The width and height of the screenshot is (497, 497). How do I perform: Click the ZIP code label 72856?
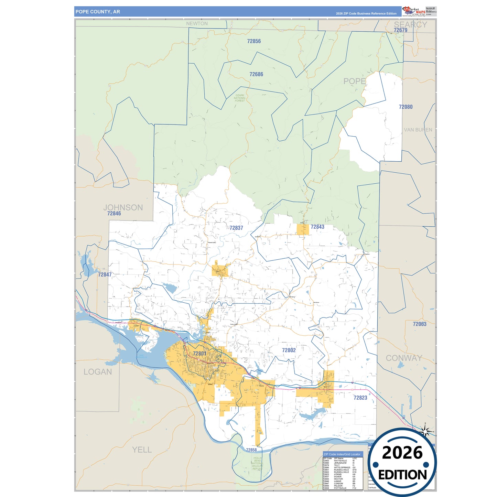point(254,41)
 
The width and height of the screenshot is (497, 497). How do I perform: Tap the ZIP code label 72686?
point(256,74)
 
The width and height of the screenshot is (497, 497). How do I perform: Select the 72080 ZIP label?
point(406,107)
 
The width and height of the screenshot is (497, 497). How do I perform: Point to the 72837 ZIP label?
point(236,228)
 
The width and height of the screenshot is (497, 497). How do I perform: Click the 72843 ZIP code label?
point(317,227)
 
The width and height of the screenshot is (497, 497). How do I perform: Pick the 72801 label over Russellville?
point(199,354)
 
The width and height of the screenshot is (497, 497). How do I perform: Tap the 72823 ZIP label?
point(360,398)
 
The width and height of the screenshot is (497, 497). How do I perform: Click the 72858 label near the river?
point(251,450)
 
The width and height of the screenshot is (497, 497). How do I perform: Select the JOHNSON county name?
point(123,207)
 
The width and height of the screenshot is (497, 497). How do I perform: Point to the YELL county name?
point(142,450)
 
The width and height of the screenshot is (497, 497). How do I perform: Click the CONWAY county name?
point(404,358)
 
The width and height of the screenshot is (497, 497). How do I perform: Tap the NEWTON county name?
point(197,24)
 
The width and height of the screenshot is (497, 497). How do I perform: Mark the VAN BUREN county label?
point(418,130)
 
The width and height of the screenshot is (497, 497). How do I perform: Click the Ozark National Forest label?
point(240,98)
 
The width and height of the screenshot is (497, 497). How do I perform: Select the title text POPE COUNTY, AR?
point(98,12)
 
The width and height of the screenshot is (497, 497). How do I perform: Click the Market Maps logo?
point(414,11)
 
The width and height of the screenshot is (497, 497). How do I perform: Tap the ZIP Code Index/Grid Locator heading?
point(342,454)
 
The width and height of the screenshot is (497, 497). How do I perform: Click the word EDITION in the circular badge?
point(402,475)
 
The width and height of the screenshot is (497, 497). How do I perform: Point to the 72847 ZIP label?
point(105,275)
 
